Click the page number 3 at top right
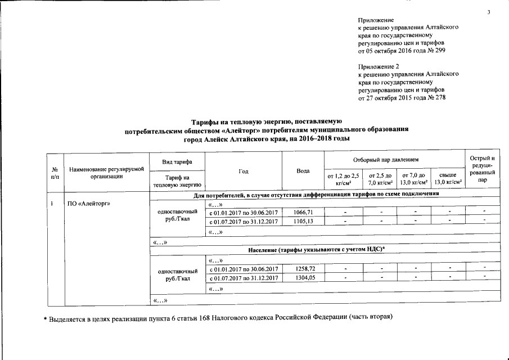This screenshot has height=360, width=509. tap(490, 12)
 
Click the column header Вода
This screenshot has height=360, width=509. tap(303, 170)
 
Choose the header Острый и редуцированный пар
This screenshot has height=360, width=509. tap(482, 170)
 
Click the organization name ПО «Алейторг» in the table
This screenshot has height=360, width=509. tap(89, 204)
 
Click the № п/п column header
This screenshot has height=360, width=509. tap(55, 172)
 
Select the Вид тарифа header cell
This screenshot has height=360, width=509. tap(177, 161)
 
